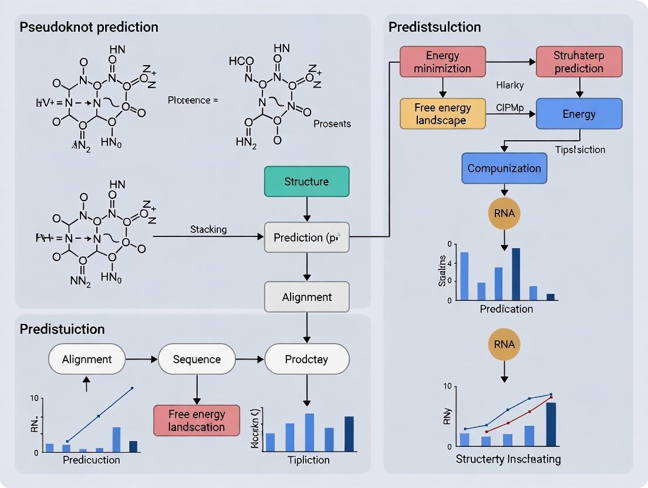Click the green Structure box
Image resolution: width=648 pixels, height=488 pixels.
(x=306, y=181)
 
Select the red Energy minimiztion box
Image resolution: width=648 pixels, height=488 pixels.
(x=443, y=62)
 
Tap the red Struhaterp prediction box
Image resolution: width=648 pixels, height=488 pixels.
(x=579, y=62)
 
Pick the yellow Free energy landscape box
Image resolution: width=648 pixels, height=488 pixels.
(x=443, y=114)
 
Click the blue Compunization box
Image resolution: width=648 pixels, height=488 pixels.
(x=504, y=168)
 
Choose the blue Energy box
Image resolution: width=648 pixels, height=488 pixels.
(x=579, y=114)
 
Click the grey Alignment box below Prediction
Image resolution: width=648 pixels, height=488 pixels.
(x=306, y=297)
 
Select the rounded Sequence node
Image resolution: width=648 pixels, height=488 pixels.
(x=197, y=359)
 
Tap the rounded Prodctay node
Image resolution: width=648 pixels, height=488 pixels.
(x=306, y=359)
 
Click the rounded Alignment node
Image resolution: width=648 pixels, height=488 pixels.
(x=86, y=359)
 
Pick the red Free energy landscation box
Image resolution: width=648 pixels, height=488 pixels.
(x=197, y=420)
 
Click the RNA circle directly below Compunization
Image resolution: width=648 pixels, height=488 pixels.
(x=504, y=213)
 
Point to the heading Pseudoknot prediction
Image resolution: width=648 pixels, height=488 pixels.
(x=89, y=27)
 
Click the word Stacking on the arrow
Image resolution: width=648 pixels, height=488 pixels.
(x=208, y=229)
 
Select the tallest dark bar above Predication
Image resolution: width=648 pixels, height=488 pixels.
(x=516, y=274)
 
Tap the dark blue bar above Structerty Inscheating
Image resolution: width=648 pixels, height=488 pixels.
(x=551, y=424)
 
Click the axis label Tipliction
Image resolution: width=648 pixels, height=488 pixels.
(x=309, y=460)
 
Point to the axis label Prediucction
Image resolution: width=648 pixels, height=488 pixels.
(x=91, y=460)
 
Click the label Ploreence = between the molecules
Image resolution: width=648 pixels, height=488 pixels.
(x=193, y=100)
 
